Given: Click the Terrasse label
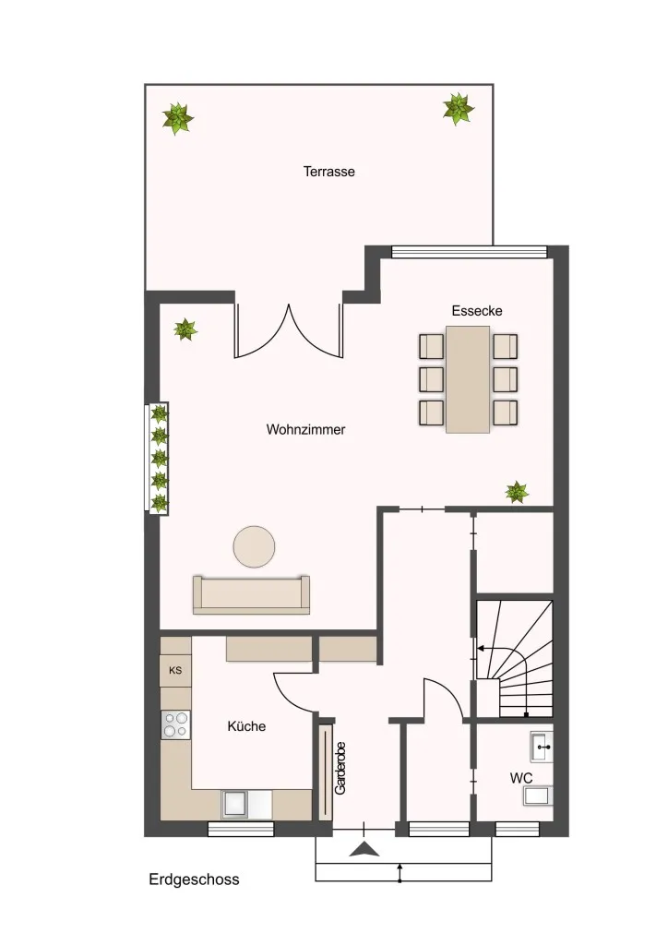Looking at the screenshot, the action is tap(328, 172).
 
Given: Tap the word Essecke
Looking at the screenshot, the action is tap(477, 311).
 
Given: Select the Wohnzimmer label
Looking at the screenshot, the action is tap(306, 430).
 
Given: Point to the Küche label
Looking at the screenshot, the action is tap(246, 726).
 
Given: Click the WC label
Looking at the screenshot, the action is tap(521, 778).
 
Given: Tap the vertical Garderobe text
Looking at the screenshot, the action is tap(340, 768).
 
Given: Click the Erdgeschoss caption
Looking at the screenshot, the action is tap(194, 879).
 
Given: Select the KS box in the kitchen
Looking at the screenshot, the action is tap(175, 670).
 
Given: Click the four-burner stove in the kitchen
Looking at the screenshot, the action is tap(175, 725).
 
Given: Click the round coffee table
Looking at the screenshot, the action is tap(254, 546).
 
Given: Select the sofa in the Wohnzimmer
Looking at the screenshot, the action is tap(251, 595).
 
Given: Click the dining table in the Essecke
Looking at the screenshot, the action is tap(468, 379).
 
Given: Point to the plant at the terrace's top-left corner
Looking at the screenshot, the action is tap(178, 118).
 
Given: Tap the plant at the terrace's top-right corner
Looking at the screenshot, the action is tap(459, 109).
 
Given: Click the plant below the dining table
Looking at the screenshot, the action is tap(517, 492).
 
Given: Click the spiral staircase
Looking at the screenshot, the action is tap(515, 659).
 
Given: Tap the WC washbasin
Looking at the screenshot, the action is tap(541, 747).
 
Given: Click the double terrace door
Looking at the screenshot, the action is tap(289, 332).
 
